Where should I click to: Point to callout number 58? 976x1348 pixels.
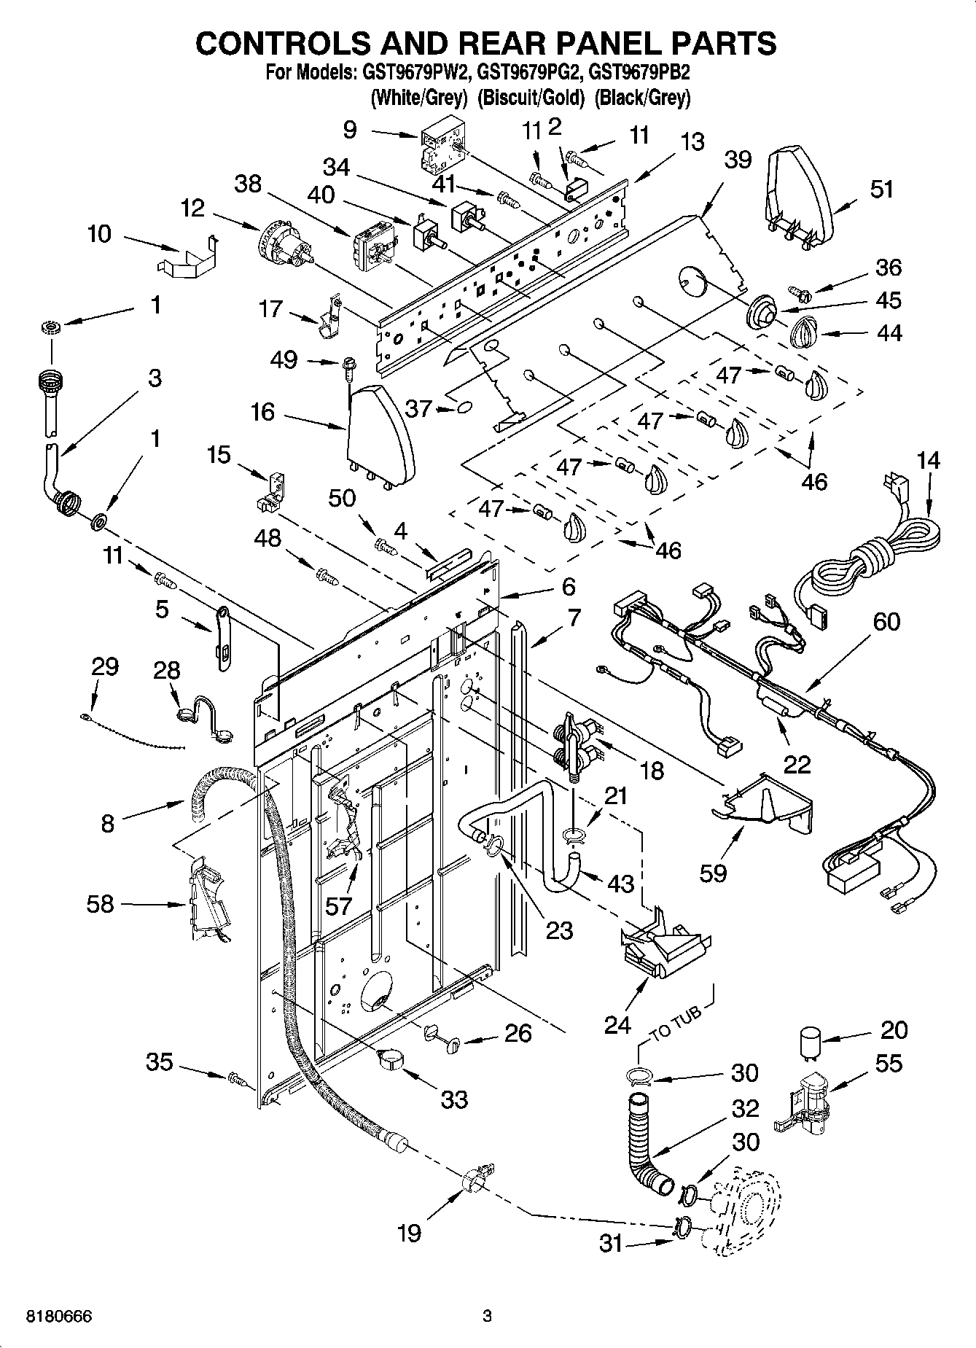100,904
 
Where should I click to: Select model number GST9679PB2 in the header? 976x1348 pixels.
642,74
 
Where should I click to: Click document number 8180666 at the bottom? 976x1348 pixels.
59,1316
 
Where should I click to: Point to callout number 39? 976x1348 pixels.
738,160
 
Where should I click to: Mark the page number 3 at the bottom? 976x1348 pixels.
488,1316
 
